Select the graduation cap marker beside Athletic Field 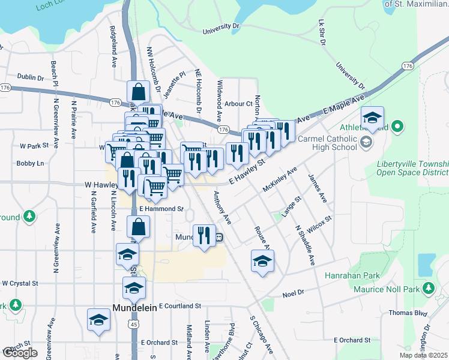pos(372,118)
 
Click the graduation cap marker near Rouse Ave pos(262,261)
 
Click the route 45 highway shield pos(134,324)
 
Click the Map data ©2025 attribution pos(423,356)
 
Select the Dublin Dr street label pos(31,77)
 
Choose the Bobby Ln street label pos(30,163)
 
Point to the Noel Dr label pos(293,293)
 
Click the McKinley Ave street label pos(280,179)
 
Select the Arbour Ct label pos(239,104)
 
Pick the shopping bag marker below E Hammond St pos(139,227)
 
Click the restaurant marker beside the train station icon pos(203,236)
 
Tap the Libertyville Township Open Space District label pos(413,169)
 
